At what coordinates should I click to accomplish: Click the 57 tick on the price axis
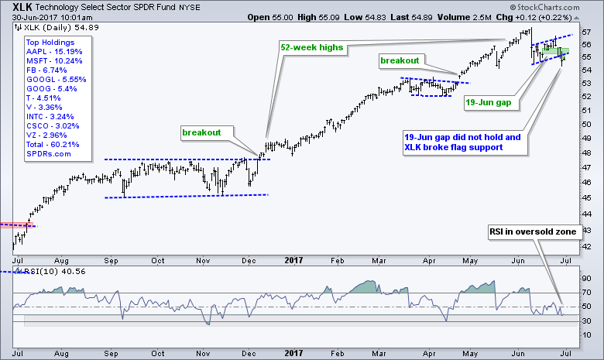[x=585, y=33]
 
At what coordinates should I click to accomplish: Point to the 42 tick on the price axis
[x=585, y=246]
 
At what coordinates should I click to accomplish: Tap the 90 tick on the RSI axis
[x=585, y=277]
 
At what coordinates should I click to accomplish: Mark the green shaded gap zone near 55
[x=555, y=53]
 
